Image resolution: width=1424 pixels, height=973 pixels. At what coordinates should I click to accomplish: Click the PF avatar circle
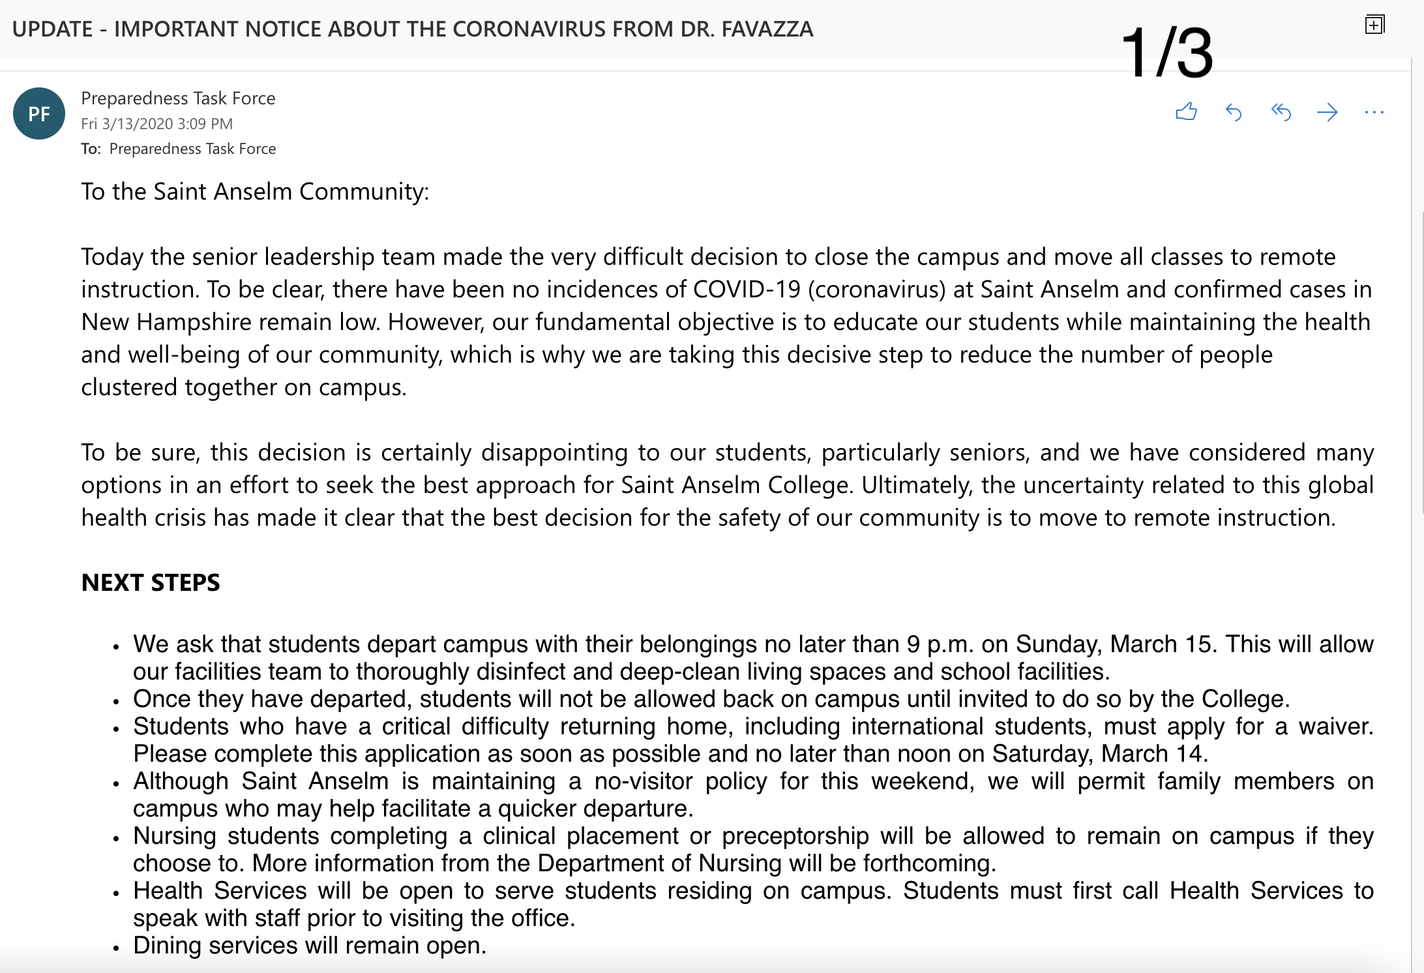(39, 114)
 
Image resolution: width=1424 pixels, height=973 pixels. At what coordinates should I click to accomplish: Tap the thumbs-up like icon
(1186, 112)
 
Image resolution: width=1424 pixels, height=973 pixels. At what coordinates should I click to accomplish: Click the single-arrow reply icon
(1234, 112)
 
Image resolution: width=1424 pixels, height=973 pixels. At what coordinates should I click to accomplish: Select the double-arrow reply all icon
(1281, 112)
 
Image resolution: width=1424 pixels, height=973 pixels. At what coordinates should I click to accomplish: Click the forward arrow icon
(1327, 112)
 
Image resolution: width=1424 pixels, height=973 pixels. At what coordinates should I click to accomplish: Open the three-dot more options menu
(1374, 112)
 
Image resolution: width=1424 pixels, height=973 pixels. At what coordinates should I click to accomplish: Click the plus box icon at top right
(1374, 25)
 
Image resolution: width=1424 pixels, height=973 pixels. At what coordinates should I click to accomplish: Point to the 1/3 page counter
(1167, 52)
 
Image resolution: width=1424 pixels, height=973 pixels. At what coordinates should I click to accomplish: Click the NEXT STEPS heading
(151, 582)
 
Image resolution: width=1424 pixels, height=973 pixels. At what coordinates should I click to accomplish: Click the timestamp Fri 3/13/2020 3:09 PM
(156, 124)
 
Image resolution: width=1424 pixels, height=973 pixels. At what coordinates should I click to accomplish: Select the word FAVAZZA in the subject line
(767, 29)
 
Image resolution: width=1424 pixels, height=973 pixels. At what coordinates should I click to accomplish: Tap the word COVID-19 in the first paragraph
(747, 290)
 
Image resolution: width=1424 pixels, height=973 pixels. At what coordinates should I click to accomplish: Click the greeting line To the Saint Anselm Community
(255, 192)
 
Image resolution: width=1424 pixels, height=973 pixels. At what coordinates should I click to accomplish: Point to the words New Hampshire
(166, 322)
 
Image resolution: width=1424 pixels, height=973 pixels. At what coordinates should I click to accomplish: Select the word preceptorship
(795, 836)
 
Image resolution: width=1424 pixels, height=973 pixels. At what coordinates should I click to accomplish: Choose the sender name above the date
(178, 98)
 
